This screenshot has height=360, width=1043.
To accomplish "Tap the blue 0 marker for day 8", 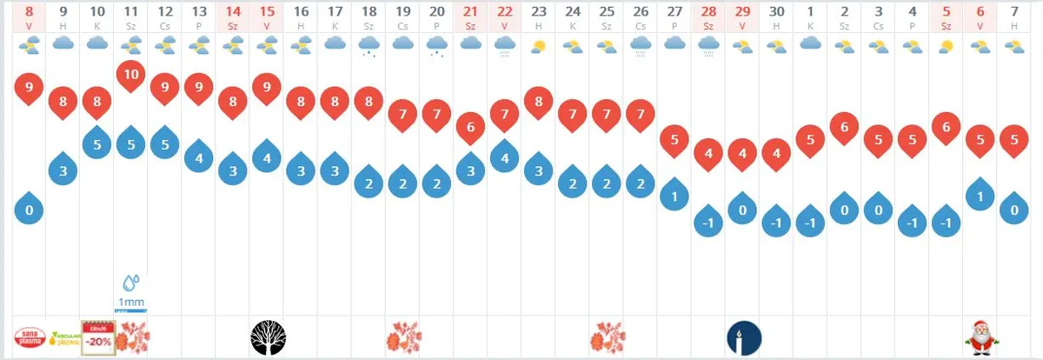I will pyautogui.click(x=30, y=210).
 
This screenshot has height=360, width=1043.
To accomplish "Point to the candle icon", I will pyautogui.click(x=743, y=337).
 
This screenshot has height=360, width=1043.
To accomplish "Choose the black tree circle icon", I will pyautogui.click(x=267, y=337).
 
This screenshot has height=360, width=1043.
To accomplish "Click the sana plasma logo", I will pyautogui.click(x=30, y=337).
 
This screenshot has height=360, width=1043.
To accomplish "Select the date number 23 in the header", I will pyautogui.click(x=538, y=13).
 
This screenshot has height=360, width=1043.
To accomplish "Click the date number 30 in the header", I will pyautogui.click(x=776, y=13).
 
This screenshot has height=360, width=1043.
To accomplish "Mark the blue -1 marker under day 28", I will pyautogui.click(x=708, y=223).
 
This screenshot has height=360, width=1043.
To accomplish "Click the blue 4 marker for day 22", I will pyautogui.click(x=504, y=159).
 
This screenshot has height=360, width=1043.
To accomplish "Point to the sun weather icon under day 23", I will pyautogui.click(x=539, y=45).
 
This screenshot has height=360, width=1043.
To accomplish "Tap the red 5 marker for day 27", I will pyautogui.click(x=674, y=139).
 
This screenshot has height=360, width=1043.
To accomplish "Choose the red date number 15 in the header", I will pyautogui.click(x=267, y=13).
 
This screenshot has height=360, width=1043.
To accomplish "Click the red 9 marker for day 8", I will pyautogui.click(x=30, y=88).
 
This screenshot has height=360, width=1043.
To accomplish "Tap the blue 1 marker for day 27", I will pyautogui.click(x=674, y=197).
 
